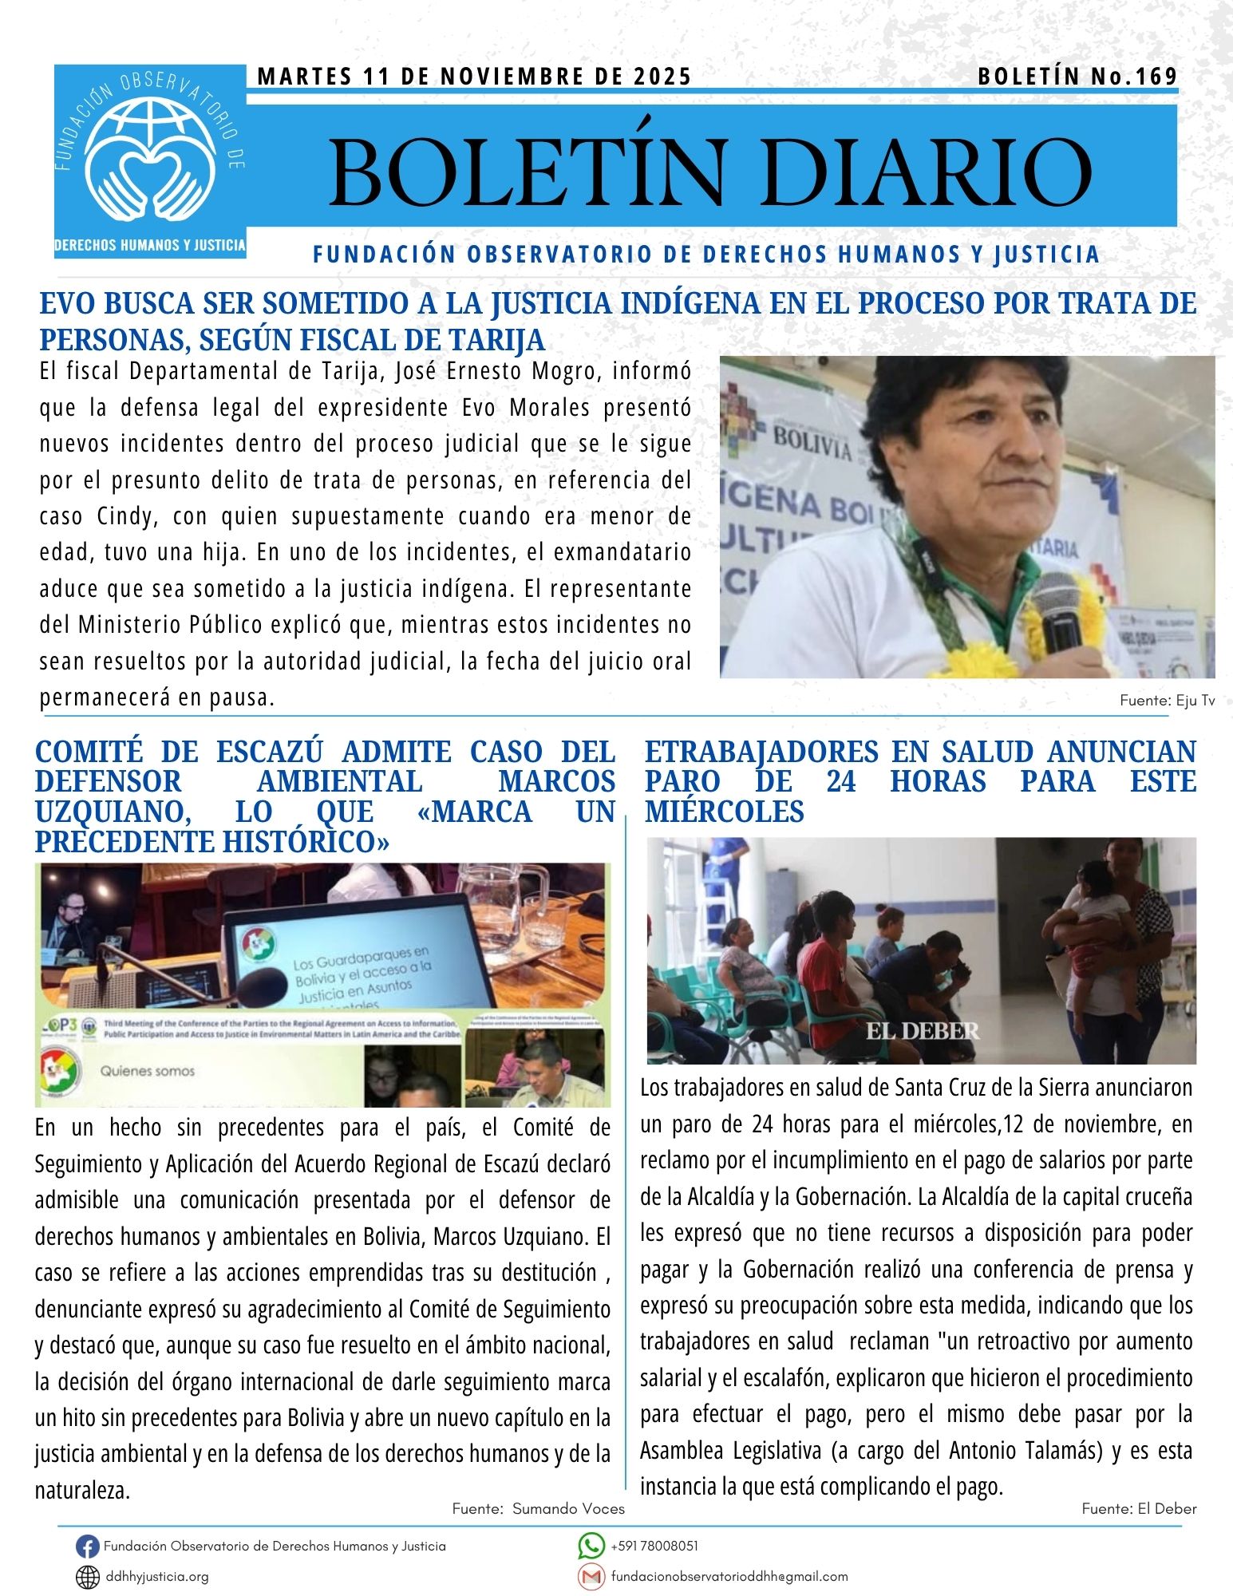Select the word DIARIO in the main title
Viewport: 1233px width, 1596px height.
(926, 172)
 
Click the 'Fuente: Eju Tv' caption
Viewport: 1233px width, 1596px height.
(1167, 701)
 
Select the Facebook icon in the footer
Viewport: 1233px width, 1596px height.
(87, 1547)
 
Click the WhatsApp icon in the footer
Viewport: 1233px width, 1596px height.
(591, 1547)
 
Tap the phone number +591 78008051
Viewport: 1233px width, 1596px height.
(654, 1547)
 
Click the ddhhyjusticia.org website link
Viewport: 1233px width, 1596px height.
(157, 1577)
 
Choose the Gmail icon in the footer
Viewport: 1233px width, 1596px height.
(591, 1577)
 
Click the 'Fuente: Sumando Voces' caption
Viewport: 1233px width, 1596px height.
(538, 1508)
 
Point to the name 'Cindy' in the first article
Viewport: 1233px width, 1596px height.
(123, 516)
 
